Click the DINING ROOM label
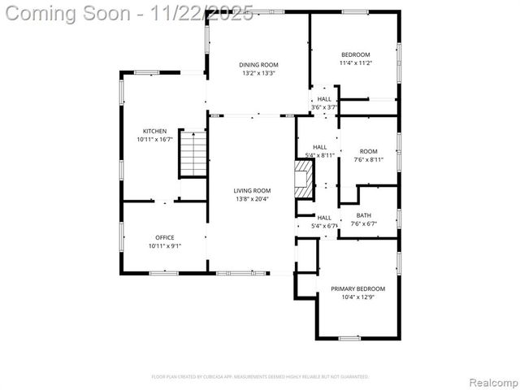pyautogui.click(x=258, y=64)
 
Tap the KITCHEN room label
pyautogui.click(x=155, y=131)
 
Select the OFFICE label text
pyautogui.click(x=165, y=237)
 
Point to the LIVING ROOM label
pyautogui.click(x=252, y=190)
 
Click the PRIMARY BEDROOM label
pyautogui.click(x=357, y=288)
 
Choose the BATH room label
pyautogui.click(x=364, y=216)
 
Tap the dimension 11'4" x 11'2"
pyautogui.click(x=355, y=63)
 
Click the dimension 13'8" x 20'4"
pyautogui.click(x=252, y=199)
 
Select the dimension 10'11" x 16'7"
pyautogui.click(x=155, y=140)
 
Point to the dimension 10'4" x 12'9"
pyautogui.click(x=357, y=297)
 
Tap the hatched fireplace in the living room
pyautogui.click(x=304, y=178)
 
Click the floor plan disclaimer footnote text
pyautogui.click(x=260, y=377)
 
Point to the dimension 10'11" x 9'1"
pyautogui.click(x=165, y=246)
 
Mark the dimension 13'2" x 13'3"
pyautogui.click(x=258, y=73)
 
